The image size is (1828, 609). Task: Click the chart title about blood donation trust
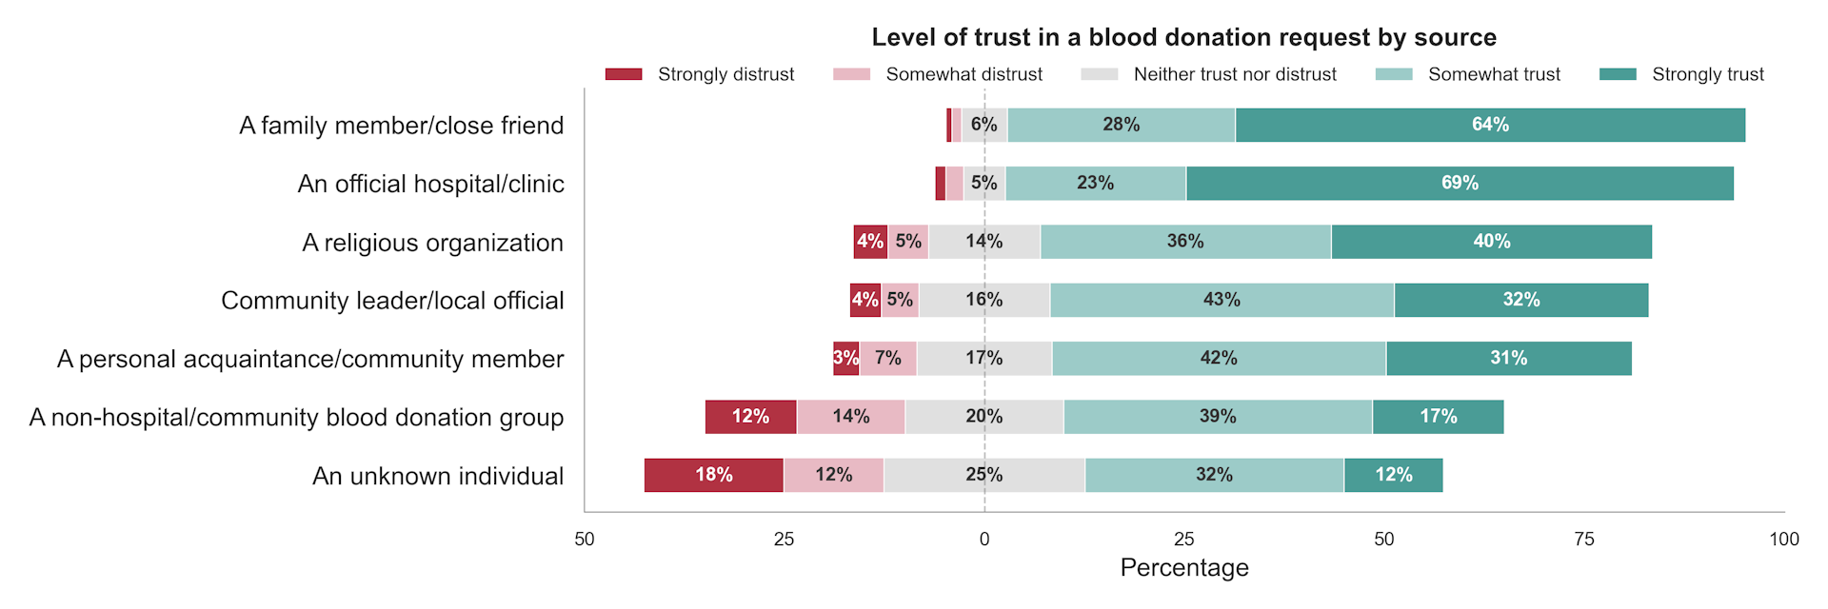[x=1183, y=37]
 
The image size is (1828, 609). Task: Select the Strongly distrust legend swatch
[x=624, y=74]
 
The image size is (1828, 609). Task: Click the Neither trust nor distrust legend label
[x=1235, y=74]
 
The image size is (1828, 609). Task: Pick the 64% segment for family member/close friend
[x=1490, y=125]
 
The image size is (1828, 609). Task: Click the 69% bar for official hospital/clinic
[x=1460, y=183]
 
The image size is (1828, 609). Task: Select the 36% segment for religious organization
[x=1185, y=242]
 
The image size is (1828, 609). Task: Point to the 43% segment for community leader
[x=1222, y=300]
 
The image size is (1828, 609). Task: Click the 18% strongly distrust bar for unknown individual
[x=713, y=475]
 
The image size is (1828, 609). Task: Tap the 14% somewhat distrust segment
[x=850, y=417]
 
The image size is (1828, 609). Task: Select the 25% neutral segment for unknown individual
[x=984, y=475]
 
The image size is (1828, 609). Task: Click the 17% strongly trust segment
[x=1438, y=417]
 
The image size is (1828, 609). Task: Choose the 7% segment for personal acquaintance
[x=887, y=358]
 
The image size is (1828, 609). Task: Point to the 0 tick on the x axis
[x=984, y=539]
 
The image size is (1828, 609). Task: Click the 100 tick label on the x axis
[x=1783, y=539]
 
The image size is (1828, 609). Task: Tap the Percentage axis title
[x=1183, y=568]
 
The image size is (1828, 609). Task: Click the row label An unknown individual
[x=438, y=476]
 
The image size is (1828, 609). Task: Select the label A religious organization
[x=432, y=243]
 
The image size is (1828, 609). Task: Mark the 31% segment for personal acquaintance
[x=1508, y=358]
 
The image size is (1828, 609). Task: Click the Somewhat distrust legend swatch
[x=851, y=74]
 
